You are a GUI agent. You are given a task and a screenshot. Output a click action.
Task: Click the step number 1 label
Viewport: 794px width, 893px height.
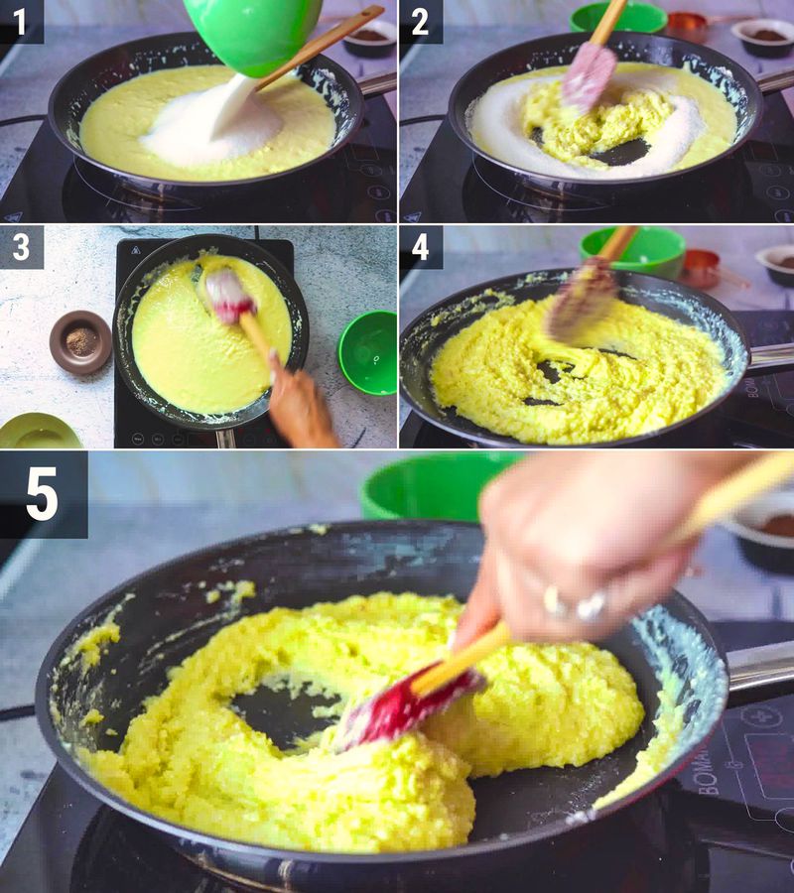21,21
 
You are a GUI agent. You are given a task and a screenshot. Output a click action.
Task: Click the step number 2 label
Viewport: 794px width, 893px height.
421,21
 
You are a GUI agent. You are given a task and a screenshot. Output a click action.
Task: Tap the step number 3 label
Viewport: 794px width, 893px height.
21,246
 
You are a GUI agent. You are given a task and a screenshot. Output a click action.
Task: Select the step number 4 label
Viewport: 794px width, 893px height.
421,246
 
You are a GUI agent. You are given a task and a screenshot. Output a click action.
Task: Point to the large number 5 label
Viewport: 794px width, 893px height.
43,494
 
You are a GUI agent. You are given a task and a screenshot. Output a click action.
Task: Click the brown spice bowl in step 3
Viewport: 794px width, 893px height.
80,341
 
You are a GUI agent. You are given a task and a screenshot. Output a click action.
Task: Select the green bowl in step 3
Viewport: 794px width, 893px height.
368,351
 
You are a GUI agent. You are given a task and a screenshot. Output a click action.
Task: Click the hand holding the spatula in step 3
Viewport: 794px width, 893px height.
298,402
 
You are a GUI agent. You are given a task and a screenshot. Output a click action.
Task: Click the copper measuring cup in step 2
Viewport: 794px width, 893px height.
688,22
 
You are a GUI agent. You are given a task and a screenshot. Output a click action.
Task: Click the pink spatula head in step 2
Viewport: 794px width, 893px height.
590,74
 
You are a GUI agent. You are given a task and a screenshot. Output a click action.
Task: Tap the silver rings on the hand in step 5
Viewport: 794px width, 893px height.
576,602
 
